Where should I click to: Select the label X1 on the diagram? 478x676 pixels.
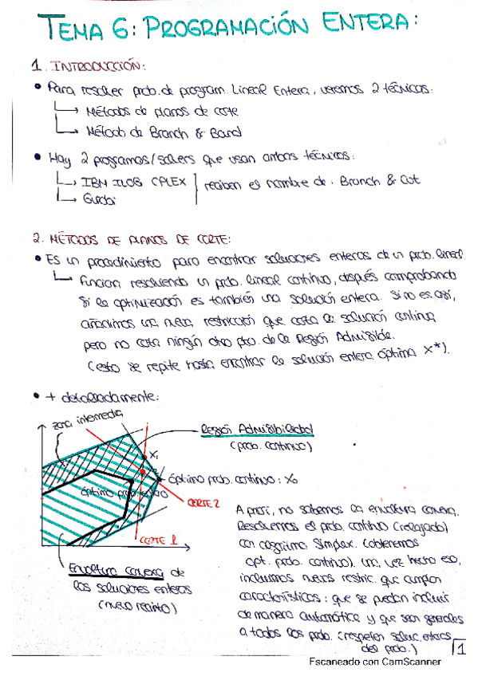point(153,452)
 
